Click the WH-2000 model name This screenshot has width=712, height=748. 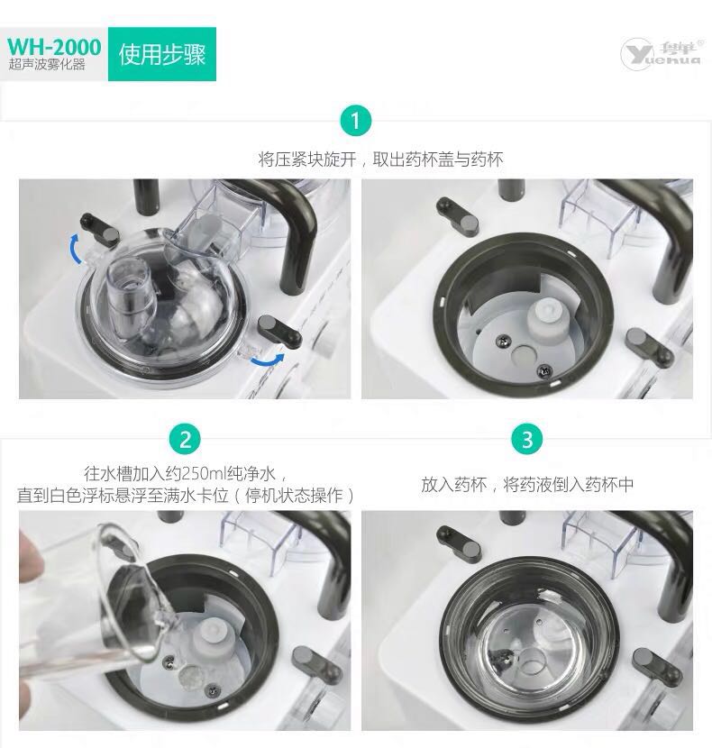[x=54, y=47]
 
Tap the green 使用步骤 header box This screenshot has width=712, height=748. [x=162, y=54]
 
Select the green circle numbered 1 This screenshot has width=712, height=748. [x=355, y=121]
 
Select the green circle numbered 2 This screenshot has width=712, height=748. [x=185, y=440]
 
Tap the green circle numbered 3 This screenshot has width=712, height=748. [x=527, y=440]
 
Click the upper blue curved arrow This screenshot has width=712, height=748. [x=74, y=247]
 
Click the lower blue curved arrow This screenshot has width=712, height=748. [x=269, y=361]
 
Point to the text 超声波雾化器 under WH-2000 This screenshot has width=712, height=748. [x=47, y=65]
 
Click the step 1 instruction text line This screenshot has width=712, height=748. [x=380, y=160]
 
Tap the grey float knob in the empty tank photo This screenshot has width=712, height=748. [x=545, y=319]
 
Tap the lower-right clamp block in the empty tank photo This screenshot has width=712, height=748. [x=650, y=347]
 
